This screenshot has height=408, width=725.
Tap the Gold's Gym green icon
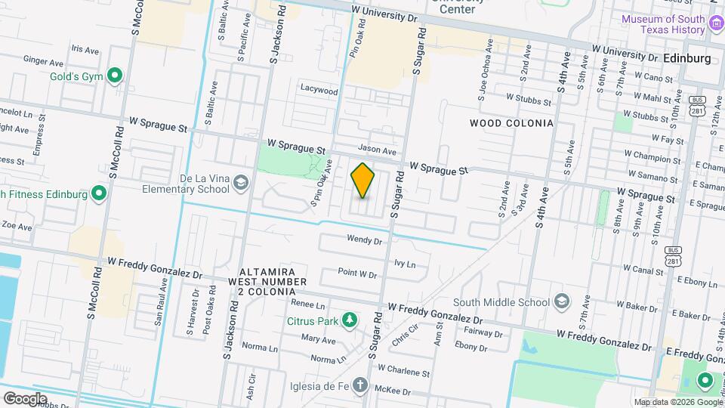click(x=115, y=75)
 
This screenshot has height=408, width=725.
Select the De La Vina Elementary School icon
click(x=240, y=182)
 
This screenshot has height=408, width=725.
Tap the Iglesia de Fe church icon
click(x=361, y=385)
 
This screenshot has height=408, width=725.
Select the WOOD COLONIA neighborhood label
click(x=511, y=122)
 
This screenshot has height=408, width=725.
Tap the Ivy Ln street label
click(x=405, y=264)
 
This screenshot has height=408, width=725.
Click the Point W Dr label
click(x=357, y=274)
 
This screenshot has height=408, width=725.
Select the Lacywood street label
click(x=319, y=90)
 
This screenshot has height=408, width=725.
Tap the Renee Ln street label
click(x=307, y=305)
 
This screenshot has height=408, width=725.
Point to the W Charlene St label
click(x=403, y=372)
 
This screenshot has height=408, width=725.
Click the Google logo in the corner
click(x=24, y=398)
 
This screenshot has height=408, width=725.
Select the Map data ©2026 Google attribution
click(x=677, y=402)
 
